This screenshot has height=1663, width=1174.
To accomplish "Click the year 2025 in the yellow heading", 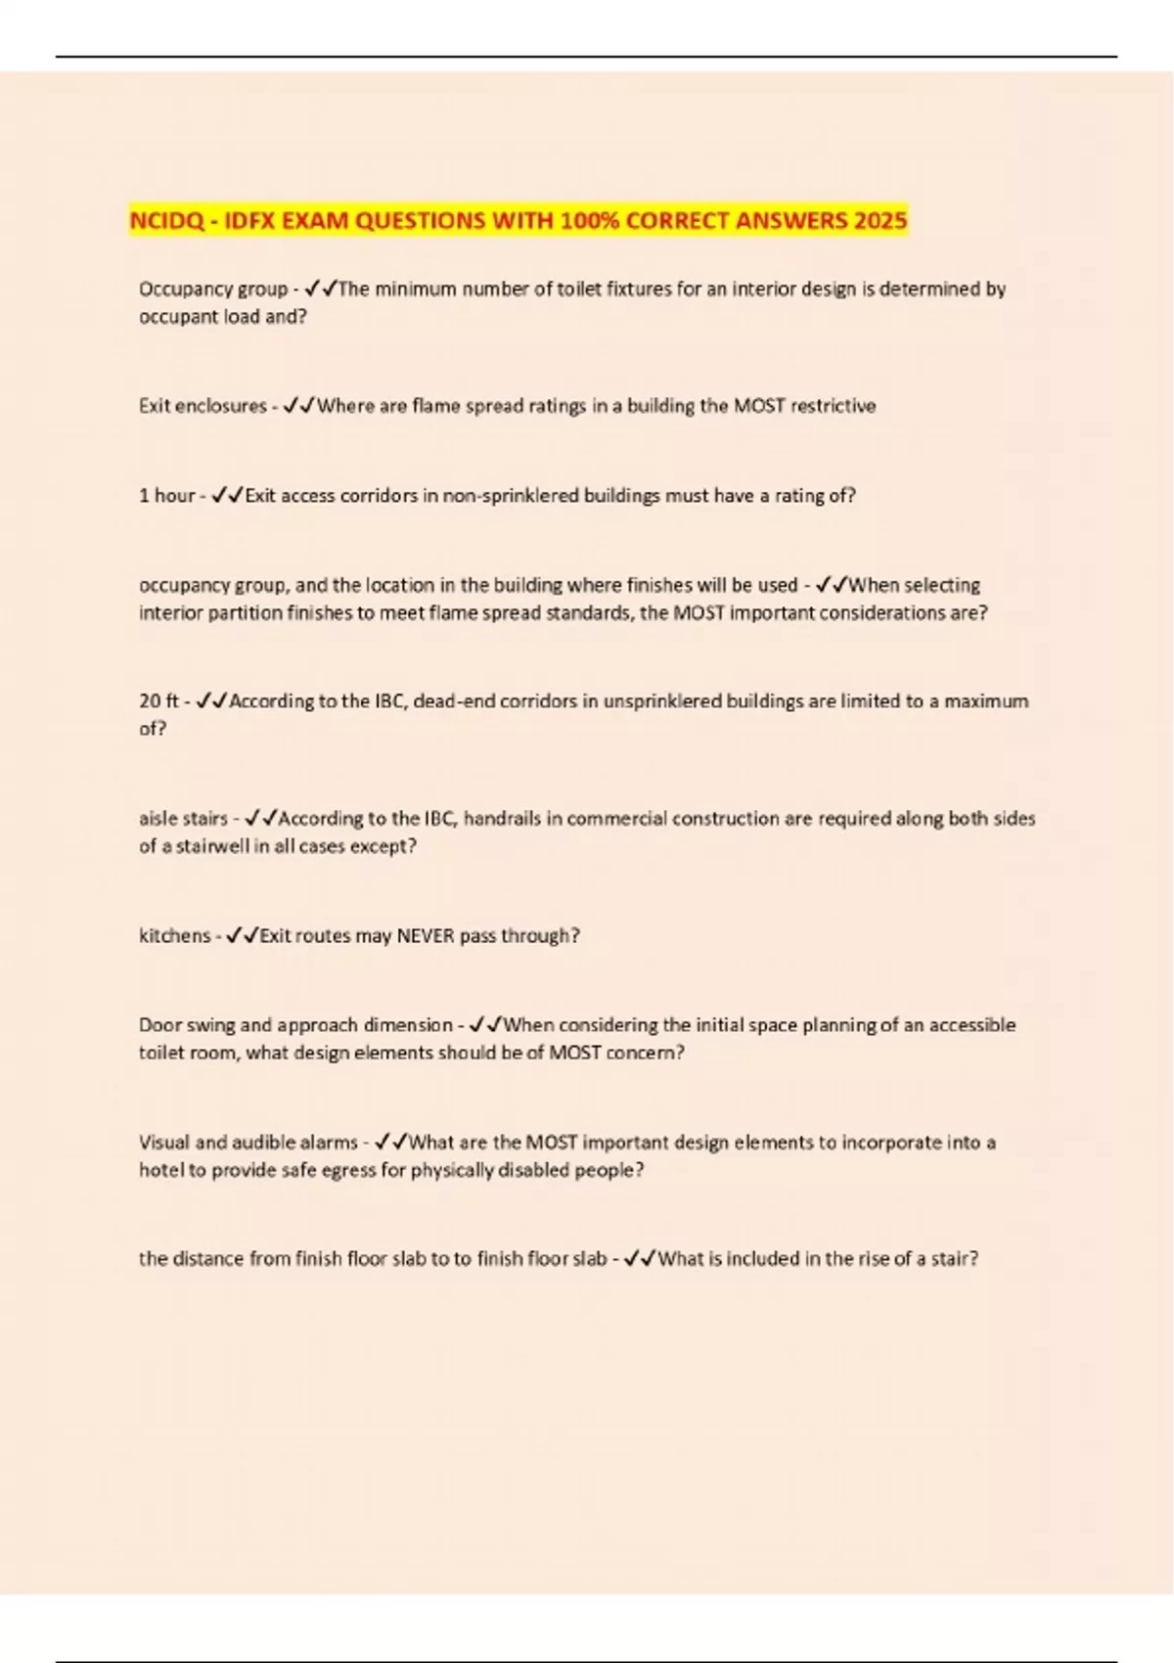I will (x=880, y=221).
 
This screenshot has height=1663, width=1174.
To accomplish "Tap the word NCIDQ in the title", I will (x=166, y=221).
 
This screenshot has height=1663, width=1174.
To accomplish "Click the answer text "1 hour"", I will (x=167, y=496).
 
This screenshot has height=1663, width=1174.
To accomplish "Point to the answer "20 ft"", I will (x=159, y=701).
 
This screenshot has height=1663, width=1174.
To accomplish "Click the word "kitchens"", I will (x=174, y=936).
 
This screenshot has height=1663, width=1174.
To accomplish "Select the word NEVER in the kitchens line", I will (x=426, y=936).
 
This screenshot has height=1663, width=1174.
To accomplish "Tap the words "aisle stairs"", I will (x=183, y=819).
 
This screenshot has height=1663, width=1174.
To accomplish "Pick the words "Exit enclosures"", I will (x=203, y=406).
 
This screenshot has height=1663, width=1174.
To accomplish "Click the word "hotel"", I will (x=160, y=1171).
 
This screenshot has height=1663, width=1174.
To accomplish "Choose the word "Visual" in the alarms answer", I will (x=164, y=1143).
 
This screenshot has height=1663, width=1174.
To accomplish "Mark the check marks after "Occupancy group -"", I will (x=321, y=289).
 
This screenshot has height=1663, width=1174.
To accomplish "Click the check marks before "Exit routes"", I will (x=243, y=936).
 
